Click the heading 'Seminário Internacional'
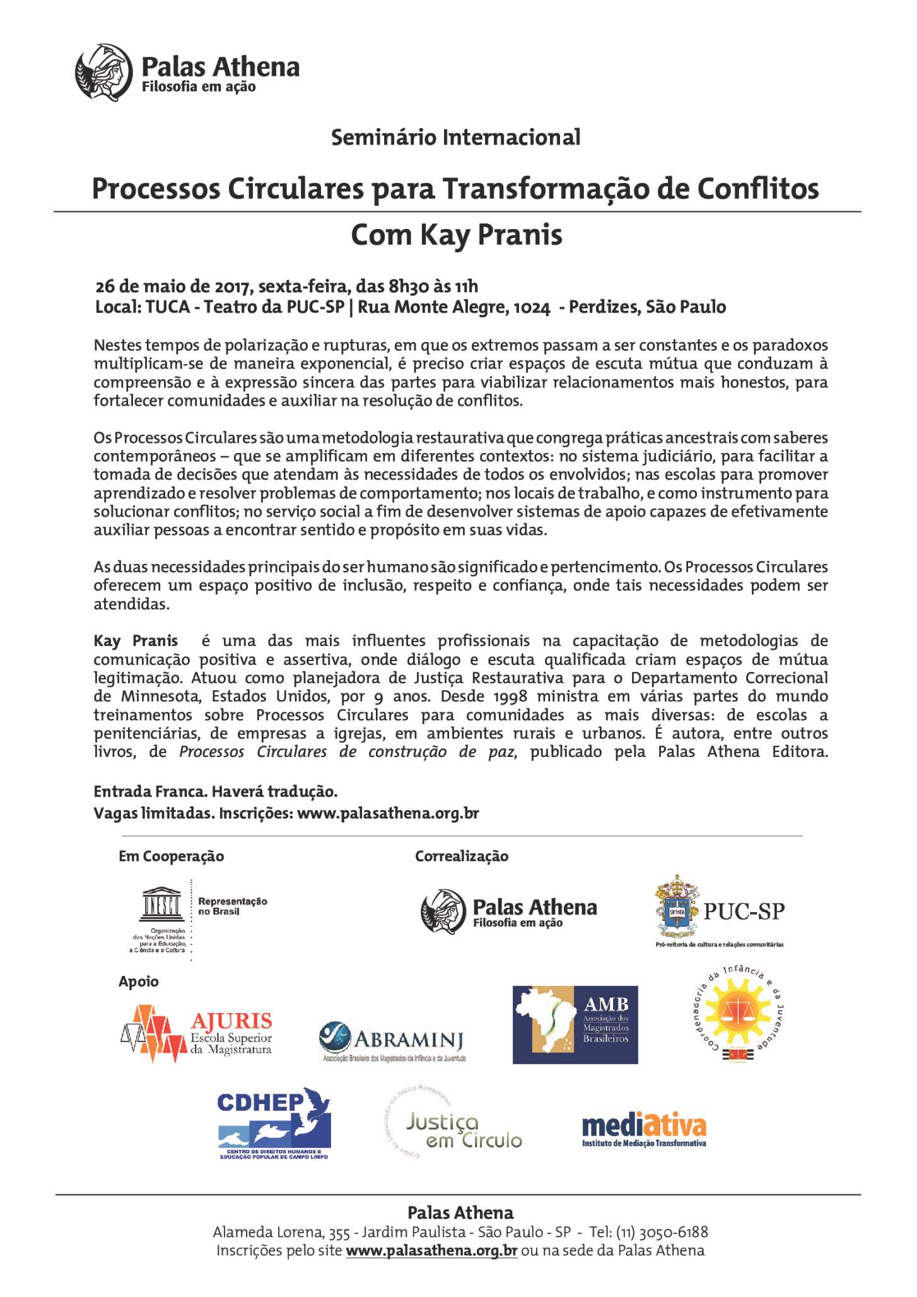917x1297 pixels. click(455, 137)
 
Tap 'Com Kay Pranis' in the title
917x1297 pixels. click(456, 235)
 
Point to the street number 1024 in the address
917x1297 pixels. click(532, 307)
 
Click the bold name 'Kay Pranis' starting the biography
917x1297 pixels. click(136, 641)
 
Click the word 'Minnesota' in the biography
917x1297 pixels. click(149, 696)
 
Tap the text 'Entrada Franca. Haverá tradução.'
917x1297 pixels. click(216, 791)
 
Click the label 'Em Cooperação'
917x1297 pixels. click(171, 856)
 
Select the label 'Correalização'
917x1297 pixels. click(461, 856)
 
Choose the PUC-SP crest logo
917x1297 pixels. click(678, 907)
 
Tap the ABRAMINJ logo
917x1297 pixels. click(393, 1040)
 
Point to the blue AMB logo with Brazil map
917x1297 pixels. click(575, 1024)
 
